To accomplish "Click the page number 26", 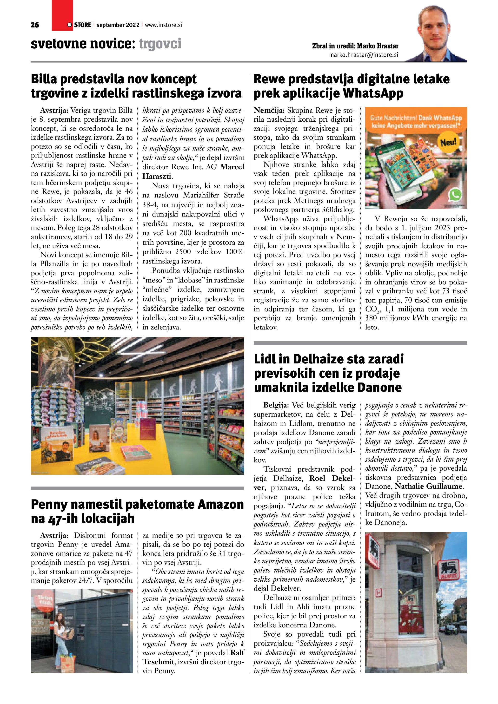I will coord(35,25).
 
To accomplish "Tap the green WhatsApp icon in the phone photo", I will coord(455,195).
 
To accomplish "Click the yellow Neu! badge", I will coord(449,142).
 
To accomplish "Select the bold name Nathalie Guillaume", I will coord(429,486).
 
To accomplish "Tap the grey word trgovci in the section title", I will coord(160,44).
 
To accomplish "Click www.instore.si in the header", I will coord(163,25).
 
